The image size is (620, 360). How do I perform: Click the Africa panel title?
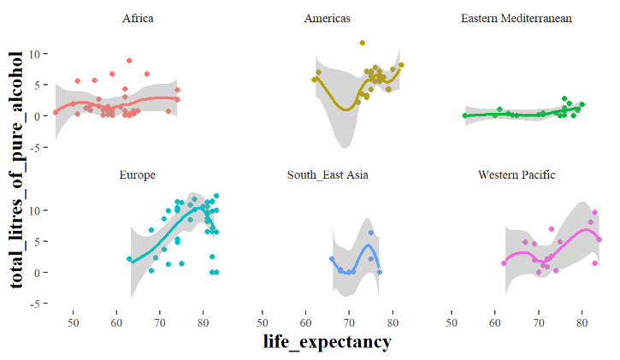138,18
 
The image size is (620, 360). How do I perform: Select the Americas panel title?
327,18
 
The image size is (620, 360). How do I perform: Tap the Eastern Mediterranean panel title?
516,18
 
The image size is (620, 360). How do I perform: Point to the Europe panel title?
138,175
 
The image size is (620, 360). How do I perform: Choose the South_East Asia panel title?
327,175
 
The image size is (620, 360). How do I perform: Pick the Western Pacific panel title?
516,175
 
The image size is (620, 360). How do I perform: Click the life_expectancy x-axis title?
328,342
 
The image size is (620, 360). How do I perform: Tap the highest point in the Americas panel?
363,43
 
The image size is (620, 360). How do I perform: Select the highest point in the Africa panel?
129,61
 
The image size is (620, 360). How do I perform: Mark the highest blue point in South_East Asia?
371,233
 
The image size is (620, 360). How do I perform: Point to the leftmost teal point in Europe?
130,259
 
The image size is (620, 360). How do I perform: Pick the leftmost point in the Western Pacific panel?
504,263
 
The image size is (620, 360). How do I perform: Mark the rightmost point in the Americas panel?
401,65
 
